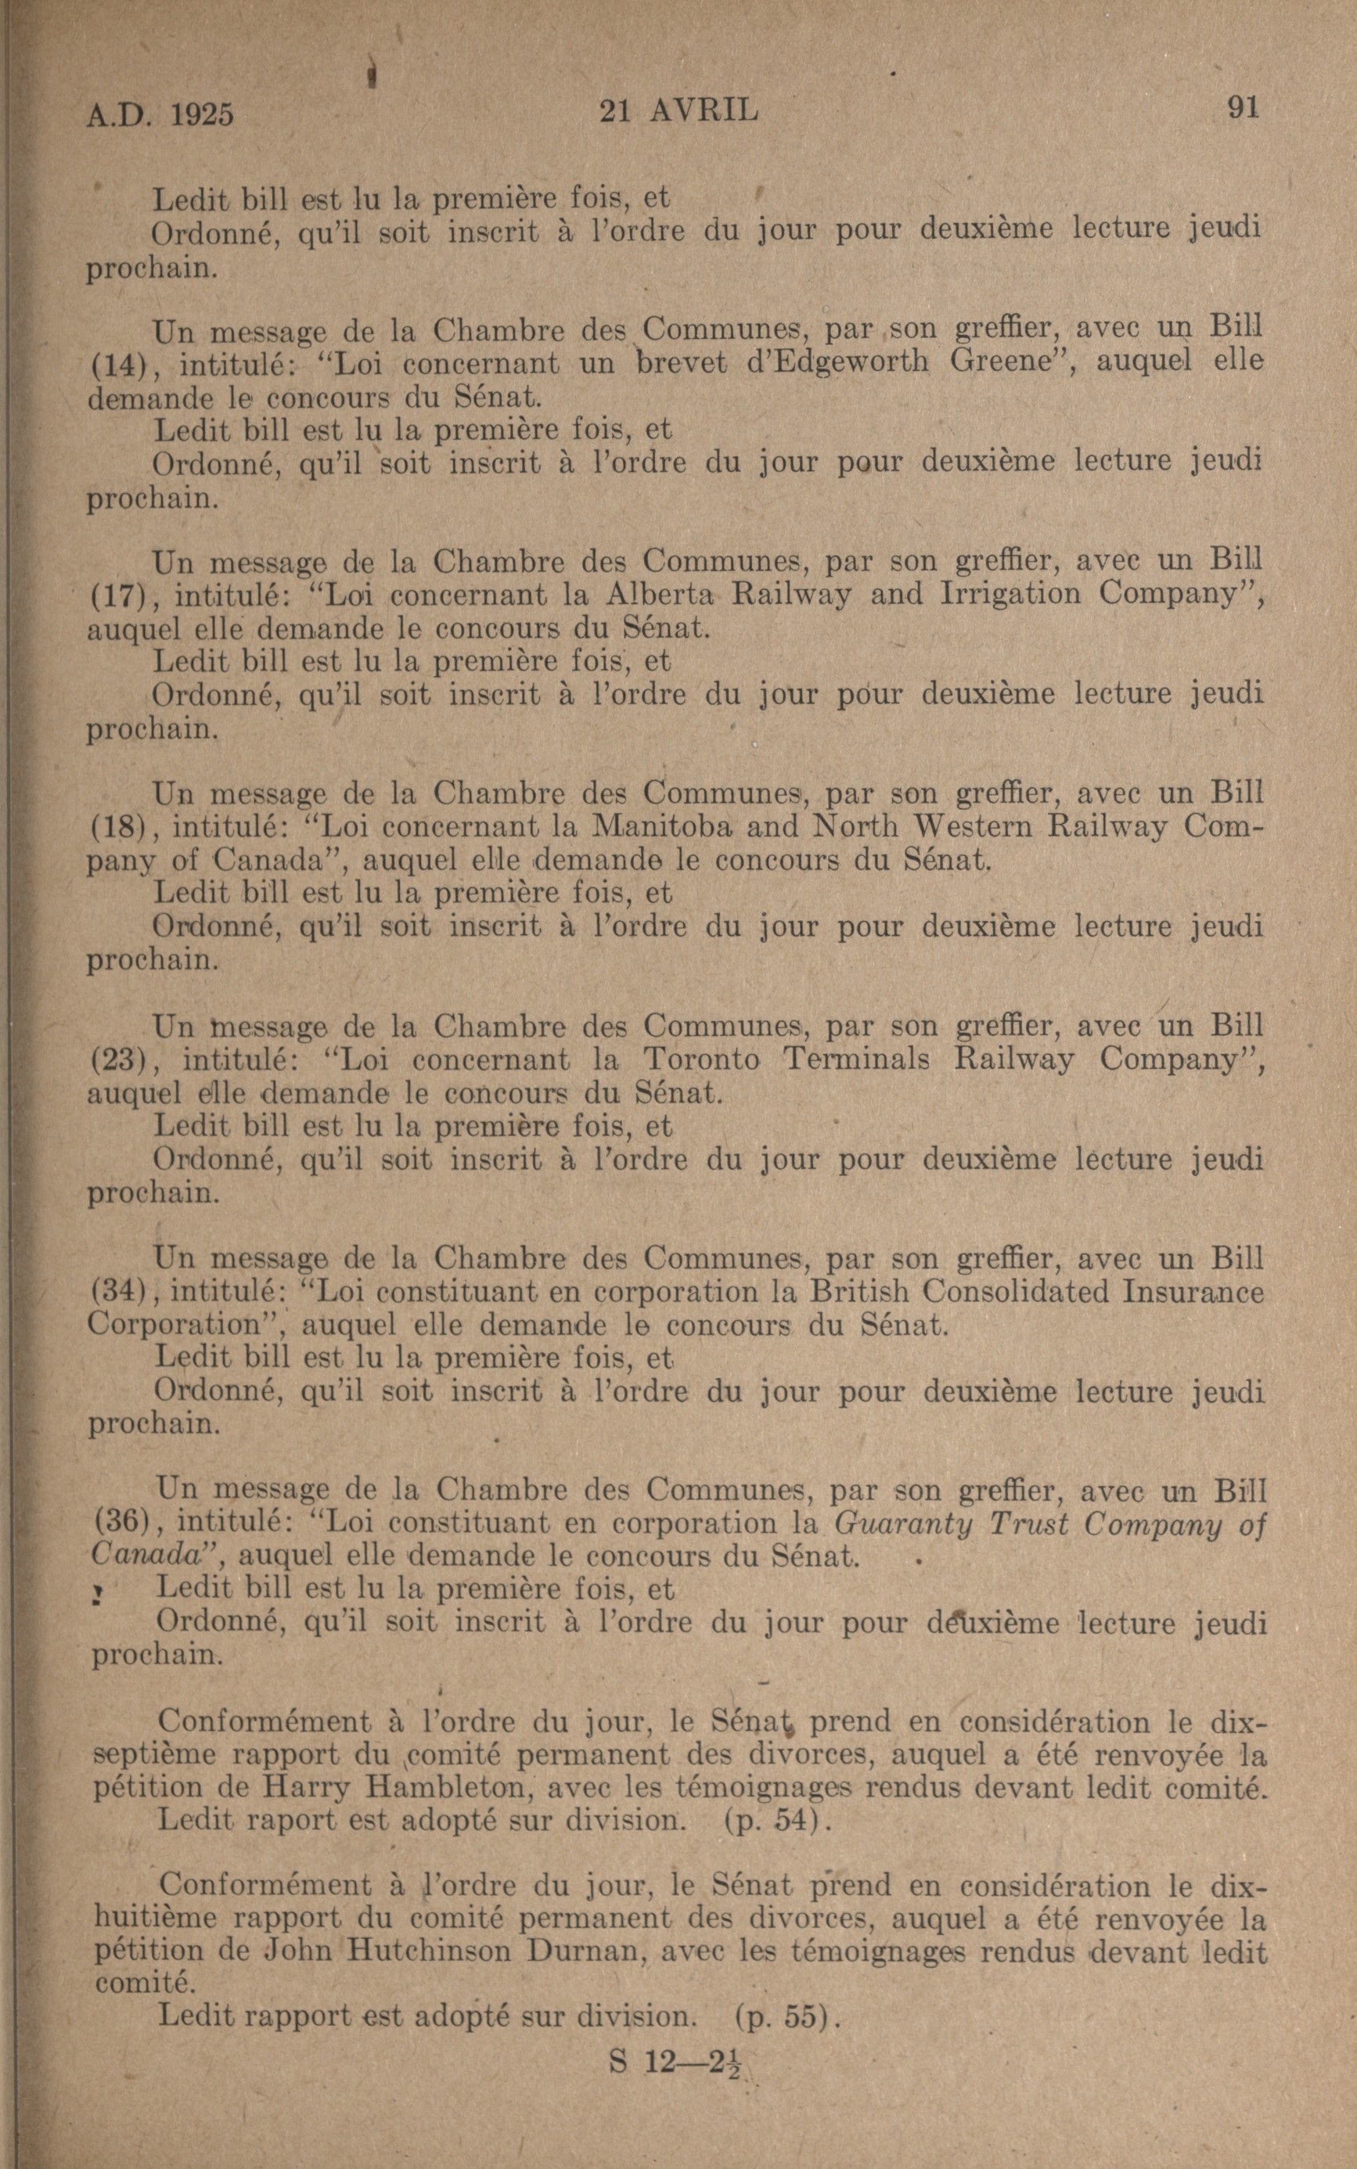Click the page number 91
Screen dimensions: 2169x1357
(x=1243, y=108)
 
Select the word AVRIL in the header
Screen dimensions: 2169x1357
(x=704, y=110)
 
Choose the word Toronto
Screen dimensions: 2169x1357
(x=702, y=1059)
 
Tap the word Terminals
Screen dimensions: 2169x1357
(x=858, y=1059)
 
